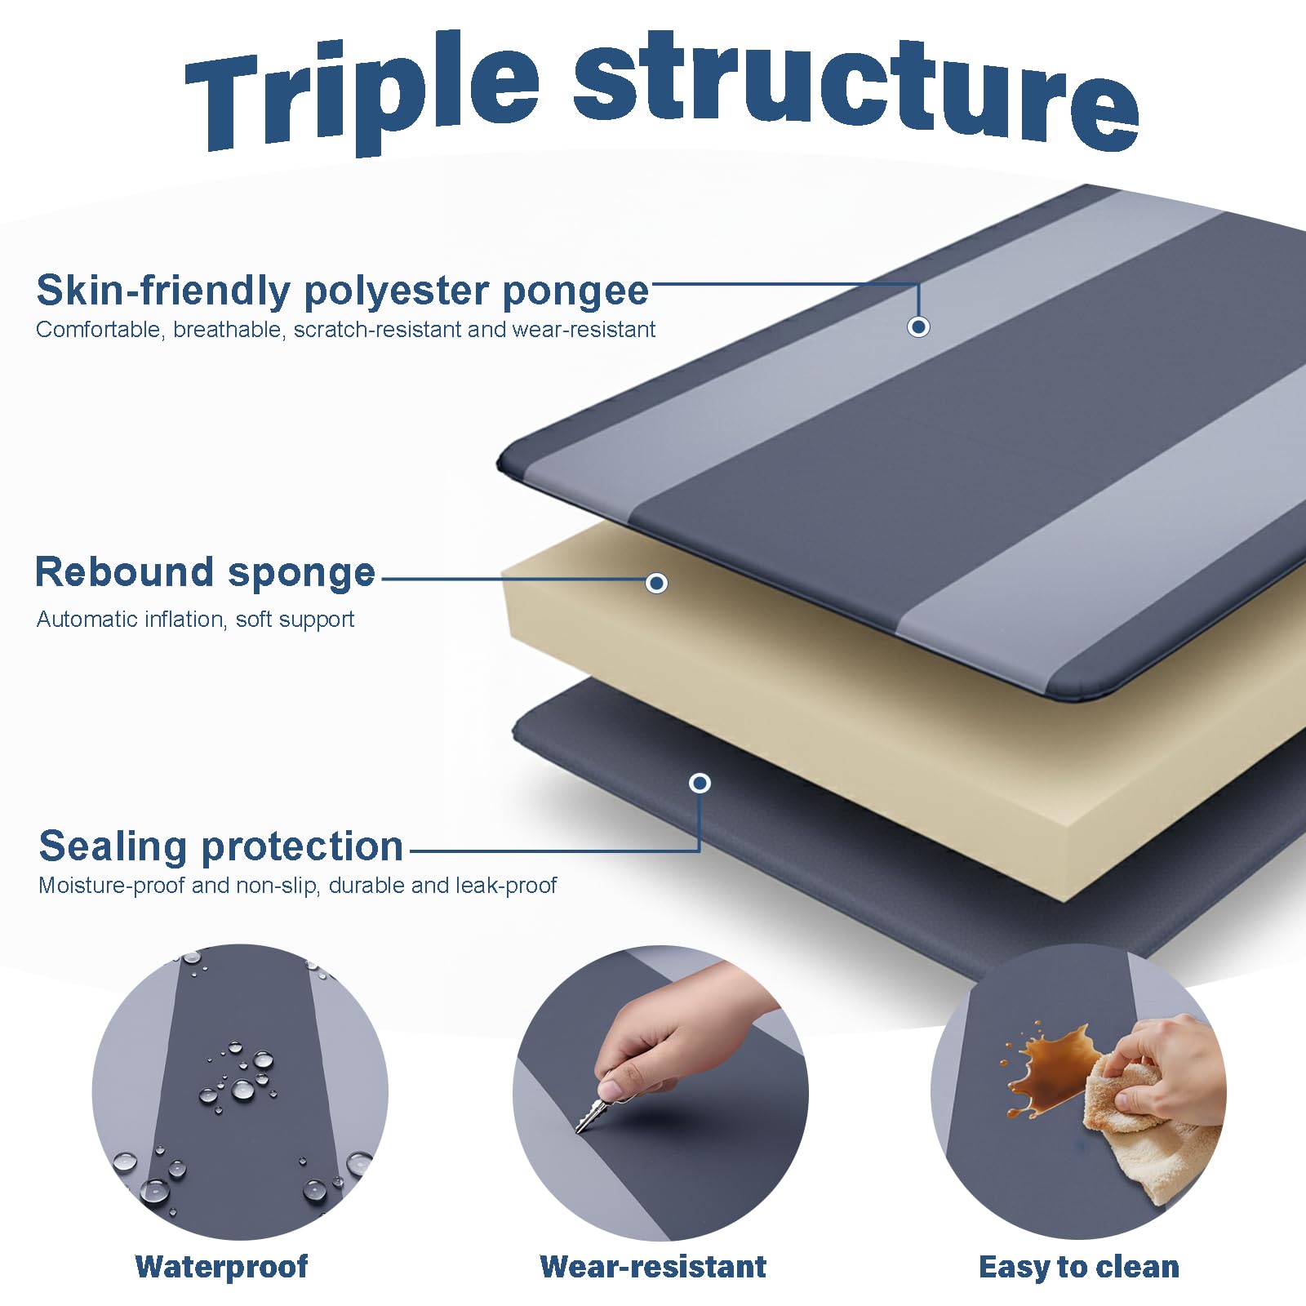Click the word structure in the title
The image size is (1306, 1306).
(857, 90)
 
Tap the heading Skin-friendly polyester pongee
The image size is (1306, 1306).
(343, 291)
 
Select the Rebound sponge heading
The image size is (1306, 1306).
(205, 572)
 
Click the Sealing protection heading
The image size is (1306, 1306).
(221, 846)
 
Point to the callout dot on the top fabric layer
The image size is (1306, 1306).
(918, 326)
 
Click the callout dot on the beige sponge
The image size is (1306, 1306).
(656, 583)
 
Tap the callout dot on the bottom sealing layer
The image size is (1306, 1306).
(700, 784)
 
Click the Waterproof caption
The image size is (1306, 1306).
(221, 1266)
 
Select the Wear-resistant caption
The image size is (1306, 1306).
(653, 1266)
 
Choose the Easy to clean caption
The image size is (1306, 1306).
(1079, 1267)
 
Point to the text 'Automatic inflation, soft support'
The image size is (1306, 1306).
(196, 620)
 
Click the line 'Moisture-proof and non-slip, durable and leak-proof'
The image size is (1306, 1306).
(298, 886)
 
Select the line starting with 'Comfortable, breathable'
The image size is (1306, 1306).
(346, 330)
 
